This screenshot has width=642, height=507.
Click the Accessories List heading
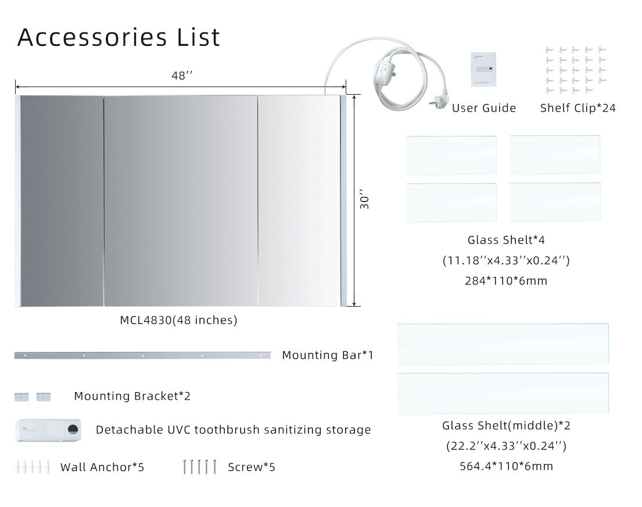pos(119,37)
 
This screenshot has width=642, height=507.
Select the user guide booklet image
pos(486,69)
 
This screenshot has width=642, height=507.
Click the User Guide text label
pos(483,108)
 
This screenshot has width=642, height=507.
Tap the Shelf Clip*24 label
pos(578,108)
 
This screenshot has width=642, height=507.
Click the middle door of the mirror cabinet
pos(180,200)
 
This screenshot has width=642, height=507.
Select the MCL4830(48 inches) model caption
pos(178,320)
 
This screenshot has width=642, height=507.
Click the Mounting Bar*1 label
pos(327,355)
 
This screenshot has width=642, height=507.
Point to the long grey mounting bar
pos(142,355)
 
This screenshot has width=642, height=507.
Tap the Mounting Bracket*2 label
pos(132,396)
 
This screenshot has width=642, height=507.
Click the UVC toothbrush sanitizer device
pos(48,430)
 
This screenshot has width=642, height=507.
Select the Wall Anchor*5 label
pos(102,467)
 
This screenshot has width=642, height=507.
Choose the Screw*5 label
pos(252,467)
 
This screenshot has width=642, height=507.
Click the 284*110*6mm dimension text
pos(505,281)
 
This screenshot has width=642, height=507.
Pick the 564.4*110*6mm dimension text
pos(505,466)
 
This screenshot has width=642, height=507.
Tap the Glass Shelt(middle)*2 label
pos(506,426)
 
